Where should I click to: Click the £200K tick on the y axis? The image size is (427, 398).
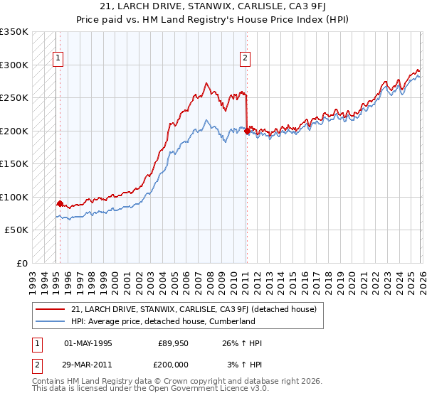click(x=14, y=131)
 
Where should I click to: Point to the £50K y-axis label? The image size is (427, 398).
click(x=16, y=230)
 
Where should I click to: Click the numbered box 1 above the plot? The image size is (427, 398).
click(x=57, y=59)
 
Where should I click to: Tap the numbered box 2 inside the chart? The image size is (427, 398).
click(x=245, y=59)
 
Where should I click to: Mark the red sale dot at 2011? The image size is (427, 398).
click(x=247, y=131)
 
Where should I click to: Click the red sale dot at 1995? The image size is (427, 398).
click(x=60, y=203)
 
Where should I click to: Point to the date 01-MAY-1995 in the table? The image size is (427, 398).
click(x=88, y=343)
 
